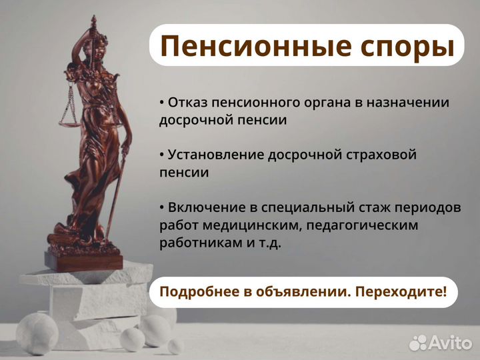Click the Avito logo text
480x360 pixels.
point(451,343)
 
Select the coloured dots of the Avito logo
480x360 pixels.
point(418,343)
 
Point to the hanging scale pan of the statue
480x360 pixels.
point(67,120)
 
